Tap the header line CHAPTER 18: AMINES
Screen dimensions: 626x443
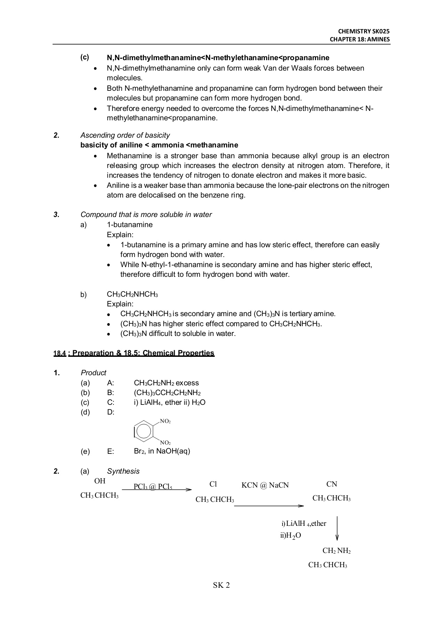tap(360, 39)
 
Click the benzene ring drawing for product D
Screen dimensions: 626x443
tap(143, 432)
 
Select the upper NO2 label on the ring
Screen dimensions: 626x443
tap(165, 421)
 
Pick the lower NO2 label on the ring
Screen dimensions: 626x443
tap(165, 443)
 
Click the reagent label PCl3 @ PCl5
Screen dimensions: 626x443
tap(153, 487)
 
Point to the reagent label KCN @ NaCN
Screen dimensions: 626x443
tap(265, 485)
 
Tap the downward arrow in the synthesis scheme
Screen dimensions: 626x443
tap(337, 529)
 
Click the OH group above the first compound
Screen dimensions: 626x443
tap(100, 481)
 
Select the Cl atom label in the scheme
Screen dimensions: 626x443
tap(213, 484)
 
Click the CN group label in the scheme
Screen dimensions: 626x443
tap(332, 484)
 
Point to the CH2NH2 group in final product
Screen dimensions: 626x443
tap(337, 551)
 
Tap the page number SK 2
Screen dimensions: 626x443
tap(221, 585)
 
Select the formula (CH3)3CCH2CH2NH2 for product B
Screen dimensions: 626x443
tap(167, 393)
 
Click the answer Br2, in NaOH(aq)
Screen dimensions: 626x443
tap(162, 451)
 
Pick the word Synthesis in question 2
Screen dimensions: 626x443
tap(123, 471)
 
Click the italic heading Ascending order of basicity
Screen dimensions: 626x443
tap(125, 135)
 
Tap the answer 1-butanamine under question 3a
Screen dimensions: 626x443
tap(129, 225)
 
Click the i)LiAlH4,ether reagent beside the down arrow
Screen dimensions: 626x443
tap(304, 524)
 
